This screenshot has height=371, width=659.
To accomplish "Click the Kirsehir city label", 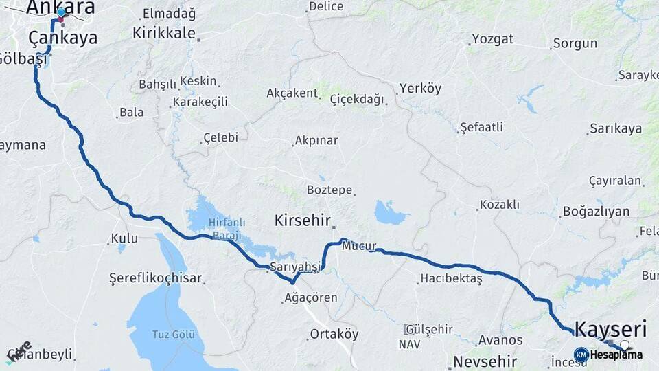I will tap(303, 221).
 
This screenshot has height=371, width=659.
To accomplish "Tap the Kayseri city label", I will tap(610, 328).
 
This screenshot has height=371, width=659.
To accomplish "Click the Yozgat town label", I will tap(493, 39).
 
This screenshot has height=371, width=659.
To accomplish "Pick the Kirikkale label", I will tap(164, 32).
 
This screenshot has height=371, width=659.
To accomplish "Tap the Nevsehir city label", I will tap(485, 361).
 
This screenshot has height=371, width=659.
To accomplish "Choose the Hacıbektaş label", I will tap(451, 278).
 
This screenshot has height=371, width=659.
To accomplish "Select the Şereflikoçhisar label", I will tap(155, 278).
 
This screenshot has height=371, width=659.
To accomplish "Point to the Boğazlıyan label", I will tap(596, 211).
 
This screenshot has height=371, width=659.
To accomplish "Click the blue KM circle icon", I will tap(581, 355).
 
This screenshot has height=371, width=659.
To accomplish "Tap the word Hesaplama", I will tap(616, 355).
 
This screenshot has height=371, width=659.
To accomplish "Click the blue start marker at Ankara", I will tap(61, 12).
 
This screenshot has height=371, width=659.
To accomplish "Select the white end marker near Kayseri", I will tap(625, 344).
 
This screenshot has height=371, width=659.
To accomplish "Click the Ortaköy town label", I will tap(334, 334).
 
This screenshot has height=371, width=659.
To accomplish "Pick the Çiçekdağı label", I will tap(357, 99).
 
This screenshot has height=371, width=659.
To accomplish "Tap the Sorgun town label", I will tap(575, 44).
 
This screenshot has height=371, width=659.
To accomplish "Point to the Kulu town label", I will tap(125, 238).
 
